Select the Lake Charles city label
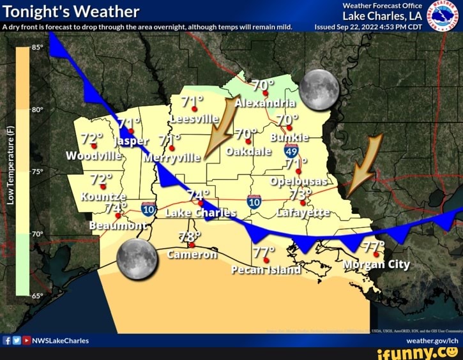tap(201, 213)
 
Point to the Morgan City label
tap(376, 264)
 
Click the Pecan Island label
tap(266, 269)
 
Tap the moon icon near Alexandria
tap(319, 89)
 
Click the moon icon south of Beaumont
tap(137, 259)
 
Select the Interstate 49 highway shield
tap(291, 151)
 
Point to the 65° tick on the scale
tap(36, 296)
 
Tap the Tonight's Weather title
tap(71, 11)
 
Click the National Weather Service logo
tap(443, 15)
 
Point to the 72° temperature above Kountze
tap(101, 179)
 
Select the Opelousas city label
tap(299, 181)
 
